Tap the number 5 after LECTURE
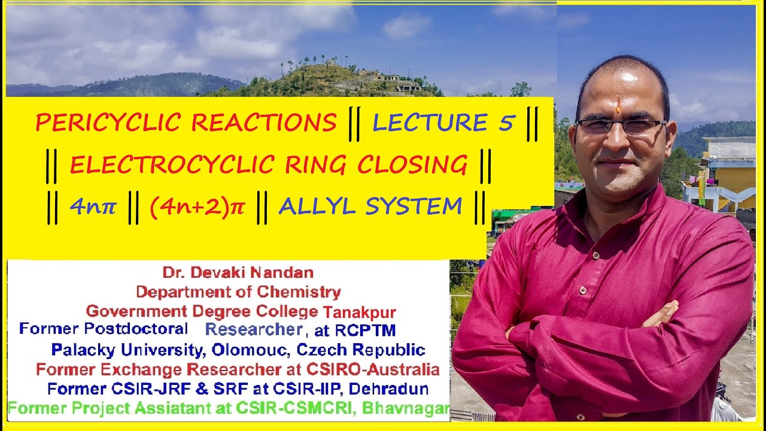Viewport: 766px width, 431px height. pyautogui.click(x=506, y=123)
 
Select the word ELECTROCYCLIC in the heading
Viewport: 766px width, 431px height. pyautogui.click(x=159, y=165)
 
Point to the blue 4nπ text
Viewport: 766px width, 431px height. pyautogui.click(x=93, y=207)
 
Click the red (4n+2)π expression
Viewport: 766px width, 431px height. pyautogui.click(x=197, y=207)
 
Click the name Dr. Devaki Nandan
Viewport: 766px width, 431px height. pyautogui.click(x=238, y=273)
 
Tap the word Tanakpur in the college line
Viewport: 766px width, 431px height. pyautogui.click(x=360, y=312)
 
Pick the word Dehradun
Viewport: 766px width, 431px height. pyautogui.click(x=388, y=388)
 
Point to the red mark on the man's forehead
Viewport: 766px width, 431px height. pyautogui.click(x=618, y=107)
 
